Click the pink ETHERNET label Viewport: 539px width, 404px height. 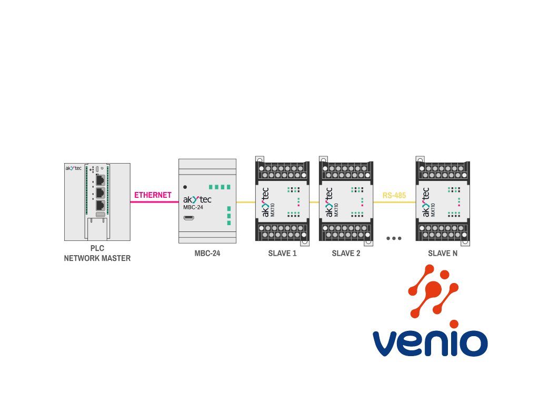tap(153, 195)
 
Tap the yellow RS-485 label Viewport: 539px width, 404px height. tap(394, 196)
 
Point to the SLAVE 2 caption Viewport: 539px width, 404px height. tap(346, 254)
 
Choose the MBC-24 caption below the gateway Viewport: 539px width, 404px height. tap(207, 254)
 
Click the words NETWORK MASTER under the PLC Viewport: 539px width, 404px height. tap(97, 258)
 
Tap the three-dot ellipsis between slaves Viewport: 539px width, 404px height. tap(394, 238)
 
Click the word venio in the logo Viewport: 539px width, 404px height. tap(430, 342)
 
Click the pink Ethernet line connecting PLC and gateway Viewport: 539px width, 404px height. tap(153, 202)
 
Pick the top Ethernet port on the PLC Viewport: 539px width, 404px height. tap(99, 179)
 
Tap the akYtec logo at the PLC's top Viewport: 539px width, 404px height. tap(73, 168)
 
